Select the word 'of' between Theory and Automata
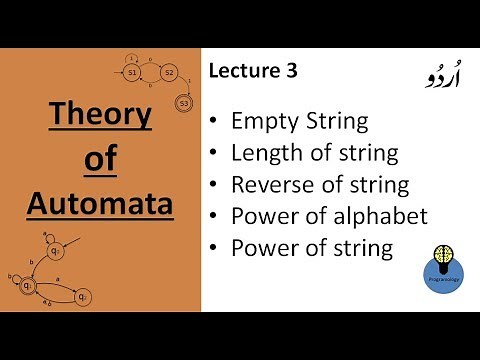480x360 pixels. click(x=99, y=160)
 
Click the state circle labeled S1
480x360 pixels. click(x=132, y=74)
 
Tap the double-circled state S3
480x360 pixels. click(x=183, y=103)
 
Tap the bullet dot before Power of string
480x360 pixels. click(x=215, y=248)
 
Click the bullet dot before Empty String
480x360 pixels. click(x=215, y=123)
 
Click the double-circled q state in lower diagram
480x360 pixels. click(x=29, y=286)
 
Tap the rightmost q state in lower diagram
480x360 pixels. click(x=85, y=296)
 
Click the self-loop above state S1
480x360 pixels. click(x=132, y=59)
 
